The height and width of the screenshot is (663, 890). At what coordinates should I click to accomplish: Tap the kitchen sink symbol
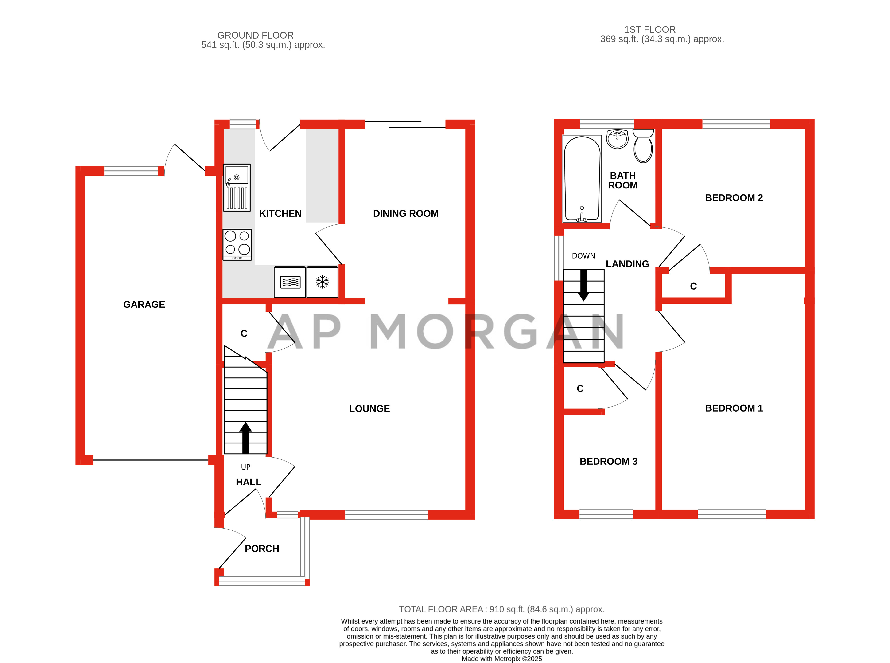pos(237,187)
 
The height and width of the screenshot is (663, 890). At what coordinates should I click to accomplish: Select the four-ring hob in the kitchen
pos(237,244)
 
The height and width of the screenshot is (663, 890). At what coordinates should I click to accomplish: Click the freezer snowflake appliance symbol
pos(322,282)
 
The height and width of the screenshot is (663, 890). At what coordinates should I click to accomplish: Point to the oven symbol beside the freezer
pos(290,282)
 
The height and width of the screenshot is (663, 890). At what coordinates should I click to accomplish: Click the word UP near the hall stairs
pos(245,467)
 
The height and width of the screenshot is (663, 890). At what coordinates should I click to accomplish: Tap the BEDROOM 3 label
pos(608,462)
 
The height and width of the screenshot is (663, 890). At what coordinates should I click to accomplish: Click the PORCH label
pos(262,549)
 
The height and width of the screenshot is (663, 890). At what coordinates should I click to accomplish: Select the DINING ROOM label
pos(405,213)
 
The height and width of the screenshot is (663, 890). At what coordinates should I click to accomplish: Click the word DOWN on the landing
pos(583,256)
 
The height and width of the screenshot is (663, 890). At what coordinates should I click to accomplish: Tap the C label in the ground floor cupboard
pos(244,333)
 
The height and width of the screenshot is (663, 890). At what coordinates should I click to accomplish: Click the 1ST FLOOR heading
pos(650,30)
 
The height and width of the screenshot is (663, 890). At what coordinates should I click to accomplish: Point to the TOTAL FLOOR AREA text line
pos(501,609)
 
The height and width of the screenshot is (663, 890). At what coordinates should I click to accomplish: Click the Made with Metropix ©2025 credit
pos(501,659)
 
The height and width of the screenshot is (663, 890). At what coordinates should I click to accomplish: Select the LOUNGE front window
pos(386,514)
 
